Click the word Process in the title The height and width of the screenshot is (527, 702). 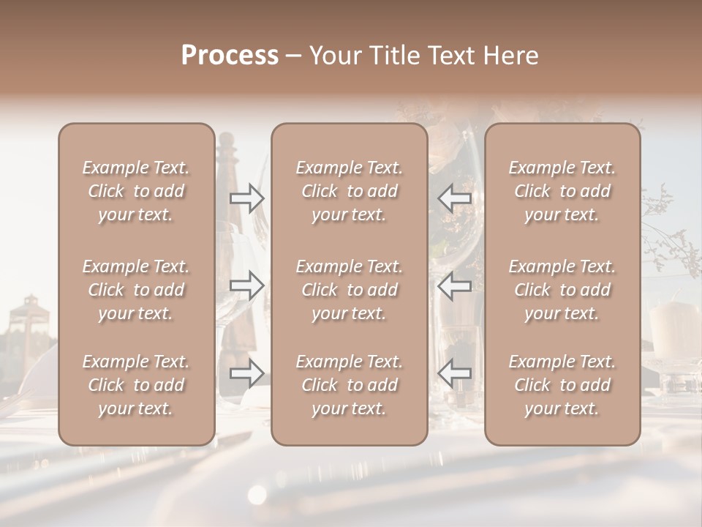point(230,56)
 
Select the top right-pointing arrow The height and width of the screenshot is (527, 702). point(247,198)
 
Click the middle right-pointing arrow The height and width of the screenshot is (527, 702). point(247,285)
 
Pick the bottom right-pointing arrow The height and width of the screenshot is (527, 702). point(247,373)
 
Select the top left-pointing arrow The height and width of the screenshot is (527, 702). point(454,198)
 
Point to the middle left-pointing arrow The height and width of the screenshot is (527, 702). point(454,285)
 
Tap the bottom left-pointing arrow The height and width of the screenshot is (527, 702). point(454,373)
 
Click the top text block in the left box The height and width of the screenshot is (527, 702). point(136,191)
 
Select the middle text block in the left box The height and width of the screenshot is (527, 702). point(136,290)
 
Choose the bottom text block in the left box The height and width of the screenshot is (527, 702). point(136,385)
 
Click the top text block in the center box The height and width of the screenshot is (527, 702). point(349,191)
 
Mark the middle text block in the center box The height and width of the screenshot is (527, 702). point(349,290)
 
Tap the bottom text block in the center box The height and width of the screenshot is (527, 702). point(349,385)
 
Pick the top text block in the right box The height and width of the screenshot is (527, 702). point(562,191)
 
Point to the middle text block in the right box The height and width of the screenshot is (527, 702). point(562,290)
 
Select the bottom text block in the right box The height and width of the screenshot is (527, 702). point(562,385)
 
